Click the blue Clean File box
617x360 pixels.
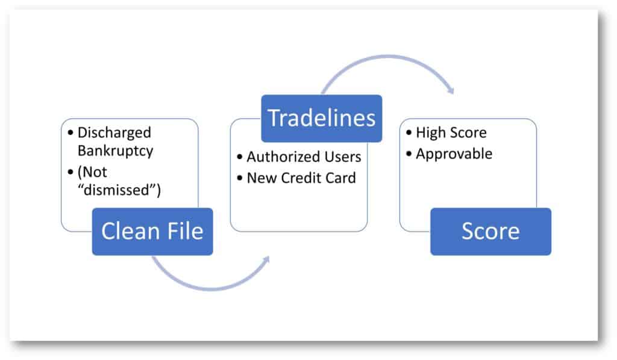(x=152, y=232)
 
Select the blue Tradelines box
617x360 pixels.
(x=321, y=118)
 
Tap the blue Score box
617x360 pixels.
(x=490, y=232)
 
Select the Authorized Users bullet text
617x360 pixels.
(x=304, y=157)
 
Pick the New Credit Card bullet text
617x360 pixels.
(x=301, y=178)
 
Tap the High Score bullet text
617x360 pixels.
(x=451, y=133)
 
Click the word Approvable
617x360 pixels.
(x=454, y=154)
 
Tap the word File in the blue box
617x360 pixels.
(x=183, y=232)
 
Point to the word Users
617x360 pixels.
(x=342, y=157)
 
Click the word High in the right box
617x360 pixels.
(x=429, y=133)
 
